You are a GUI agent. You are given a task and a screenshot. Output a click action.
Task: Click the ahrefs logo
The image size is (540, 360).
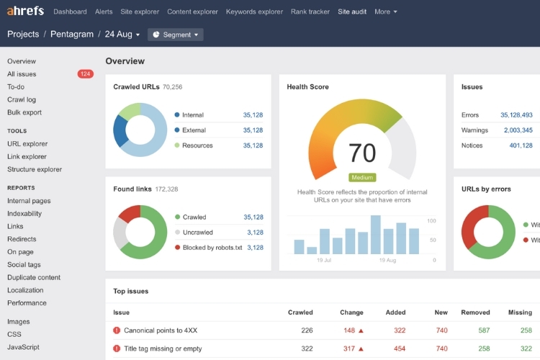[x=27, y=12]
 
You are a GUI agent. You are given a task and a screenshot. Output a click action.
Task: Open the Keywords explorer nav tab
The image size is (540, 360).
[x=254, y=12]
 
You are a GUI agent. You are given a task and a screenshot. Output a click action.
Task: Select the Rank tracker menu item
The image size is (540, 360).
[x=310, y=12]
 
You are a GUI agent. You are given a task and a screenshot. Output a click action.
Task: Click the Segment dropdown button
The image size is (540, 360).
[x=176, y=35]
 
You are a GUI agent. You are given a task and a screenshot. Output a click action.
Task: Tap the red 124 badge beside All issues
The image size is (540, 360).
[x=86, y=74]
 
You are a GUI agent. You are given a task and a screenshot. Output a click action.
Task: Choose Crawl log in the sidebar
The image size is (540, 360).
[x=22, y=99]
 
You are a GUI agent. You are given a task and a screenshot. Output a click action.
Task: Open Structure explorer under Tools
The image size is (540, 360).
[x=35, y=169]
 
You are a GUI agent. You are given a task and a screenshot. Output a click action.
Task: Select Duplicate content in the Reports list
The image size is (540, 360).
[x=34, y=277]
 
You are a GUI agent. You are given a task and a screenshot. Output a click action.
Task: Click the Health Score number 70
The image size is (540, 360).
[x=362, y=153]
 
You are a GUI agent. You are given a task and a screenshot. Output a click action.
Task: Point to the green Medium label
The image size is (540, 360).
[x=362, y=177]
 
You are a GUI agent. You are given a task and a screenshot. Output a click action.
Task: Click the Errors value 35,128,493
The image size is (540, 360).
[x=516, y=115]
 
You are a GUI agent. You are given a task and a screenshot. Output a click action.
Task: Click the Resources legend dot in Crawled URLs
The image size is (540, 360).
[x=177, y=145]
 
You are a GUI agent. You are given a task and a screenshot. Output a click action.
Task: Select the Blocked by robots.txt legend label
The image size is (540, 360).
[x=213, y=248]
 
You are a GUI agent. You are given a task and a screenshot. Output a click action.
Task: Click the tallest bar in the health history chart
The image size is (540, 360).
[x=376, y=235]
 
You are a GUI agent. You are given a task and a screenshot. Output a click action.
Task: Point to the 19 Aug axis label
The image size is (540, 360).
[x=387, y=260]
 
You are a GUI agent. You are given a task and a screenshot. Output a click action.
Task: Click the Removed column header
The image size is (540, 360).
[x=475, y=312]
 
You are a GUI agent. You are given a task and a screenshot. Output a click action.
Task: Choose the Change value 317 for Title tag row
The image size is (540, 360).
[x=349, y=348]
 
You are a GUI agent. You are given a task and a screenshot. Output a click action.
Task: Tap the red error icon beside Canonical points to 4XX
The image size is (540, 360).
[x=117, y=330]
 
